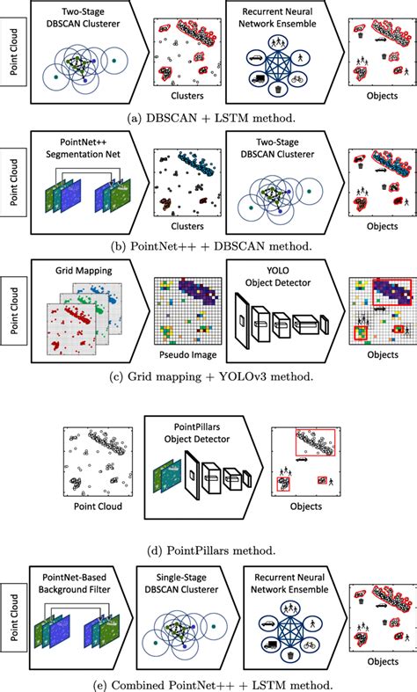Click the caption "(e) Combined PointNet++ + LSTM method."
tap(208, 680)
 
